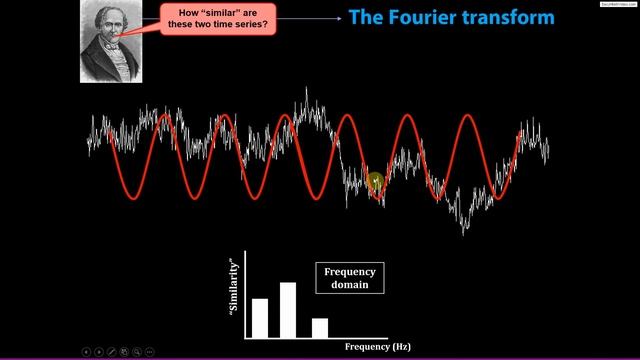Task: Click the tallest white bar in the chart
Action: pyautogui.click(x=288, y=310)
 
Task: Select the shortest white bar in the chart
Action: pyautogui.click(x=320, y=327)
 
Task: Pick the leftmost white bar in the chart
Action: pyautogui.click(x=259, y=317)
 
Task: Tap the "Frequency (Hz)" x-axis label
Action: pyautogui.click(x=378, y=346)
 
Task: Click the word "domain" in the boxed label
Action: pyautogui.click(x=350, y=284)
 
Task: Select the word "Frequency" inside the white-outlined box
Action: pyautogui.click(x=350, y=271)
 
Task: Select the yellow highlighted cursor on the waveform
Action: pyautogui.click(x=376, y=181)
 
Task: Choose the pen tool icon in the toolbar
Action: pyautogui.click(x=111, y=352)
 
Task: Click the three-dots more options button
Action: pyautogui.click(x=150, y=352)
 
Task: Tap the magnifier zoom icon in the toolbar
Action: pyautogui.click(x=137, y=352)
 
